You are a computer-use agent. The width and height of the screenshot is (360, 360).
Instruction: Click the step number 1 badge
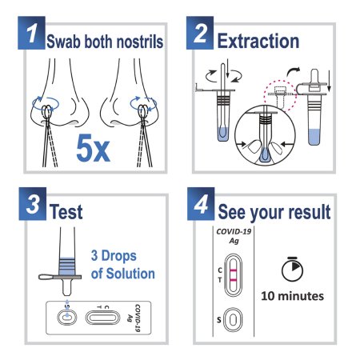[31, 33]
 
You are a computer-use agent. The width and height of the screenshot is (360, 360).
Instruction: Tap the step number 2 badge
[200, 33]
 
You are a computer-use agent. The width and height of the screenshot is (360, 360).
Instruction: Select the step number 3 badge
[33, 204]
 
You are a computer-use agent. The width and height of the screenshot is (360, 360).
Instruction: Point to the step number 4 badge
[201, 204]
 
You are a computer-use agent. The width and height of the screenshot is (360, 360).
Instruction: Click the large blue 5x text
[93, 148]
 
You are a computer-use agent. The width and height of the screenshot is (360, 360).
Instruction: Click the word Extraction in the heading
[258, 41]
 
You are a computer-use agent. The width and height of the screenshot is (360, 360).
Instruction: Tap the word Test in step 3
[66, 212]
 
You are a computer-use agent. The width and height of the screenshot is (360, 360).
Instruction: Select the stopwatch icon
[292, 269]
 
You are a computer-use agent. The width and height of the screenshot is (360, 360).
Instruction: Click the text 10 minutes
[293, 296]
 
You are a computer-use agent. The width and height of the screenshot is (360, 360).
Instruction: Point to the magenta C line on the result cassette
[233, 270]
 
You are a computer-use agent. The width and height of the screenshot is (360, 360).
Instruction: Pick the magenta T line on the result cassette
[233, 280]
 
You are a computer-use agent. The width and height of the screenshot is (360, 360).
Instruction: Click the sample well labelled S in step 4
[233, 319]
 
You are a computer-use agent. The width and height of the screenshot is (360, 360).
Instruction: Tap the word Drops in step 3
[119, 255]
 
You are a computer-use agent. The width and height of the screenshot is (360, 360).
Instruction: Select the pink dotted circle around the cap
[279, 96]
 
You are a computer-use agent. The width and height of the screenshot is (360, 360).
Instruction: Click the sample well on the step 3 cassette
[67, 318]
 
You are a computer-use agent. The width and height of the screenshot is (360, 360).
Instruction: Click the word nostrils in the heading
[140, 42]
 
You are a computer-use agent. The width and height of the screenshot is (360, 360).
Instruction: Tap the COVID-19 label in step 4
[234, 231]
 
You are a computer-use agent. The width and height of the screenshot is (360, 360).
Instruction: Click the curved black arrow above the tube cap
[293, 71]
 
